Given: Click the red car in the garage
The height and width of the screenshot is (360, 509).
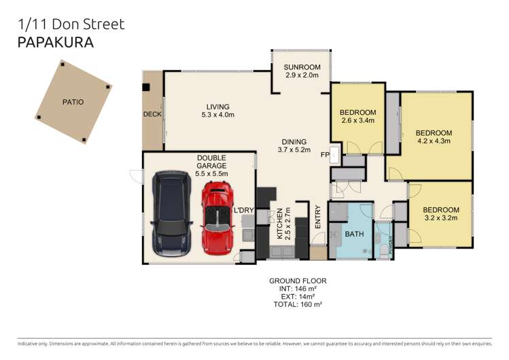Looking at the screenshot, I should click(x=217, y=215).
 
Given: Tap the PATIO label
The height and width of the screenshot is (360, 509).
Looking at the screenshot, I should click(x=73, y=102).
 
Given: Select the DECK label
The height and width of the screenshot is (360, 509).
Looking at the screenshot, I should click(x=152, y=114).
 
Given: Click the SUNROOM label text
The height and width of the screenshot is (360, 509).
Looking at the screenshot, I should click(x=301, y=67).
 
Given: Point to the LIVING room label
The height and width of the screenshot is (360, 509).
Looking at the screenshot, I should click(x=218, y=107).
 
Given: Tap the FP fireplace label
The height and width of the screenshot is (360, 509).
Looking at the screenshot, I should click(x=325, y=155).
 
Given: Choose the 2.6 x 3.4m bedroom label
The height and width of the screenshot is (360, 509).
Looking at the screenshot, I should click(x=357, y=112).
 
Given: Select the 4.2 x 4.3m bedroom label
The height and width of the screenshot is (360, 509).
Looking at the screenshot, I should click(x=434, y=132).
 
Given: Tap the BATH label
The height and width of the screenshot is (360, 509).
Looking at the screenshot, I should click(x=354, y=234).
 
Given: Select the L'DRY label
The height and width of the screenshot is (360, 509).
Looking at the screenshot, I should click(x=243, y=211).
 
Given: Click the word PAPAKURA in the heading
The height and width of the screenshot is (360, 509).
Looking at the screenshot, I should click(x=55, y=43).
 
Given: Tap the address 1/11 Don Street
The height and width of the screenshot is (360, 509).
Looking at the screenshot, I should click(x=70, y=24).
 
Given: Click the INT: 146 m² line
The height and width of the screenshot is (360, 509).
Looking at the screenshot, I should click(x=297, y=289).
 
